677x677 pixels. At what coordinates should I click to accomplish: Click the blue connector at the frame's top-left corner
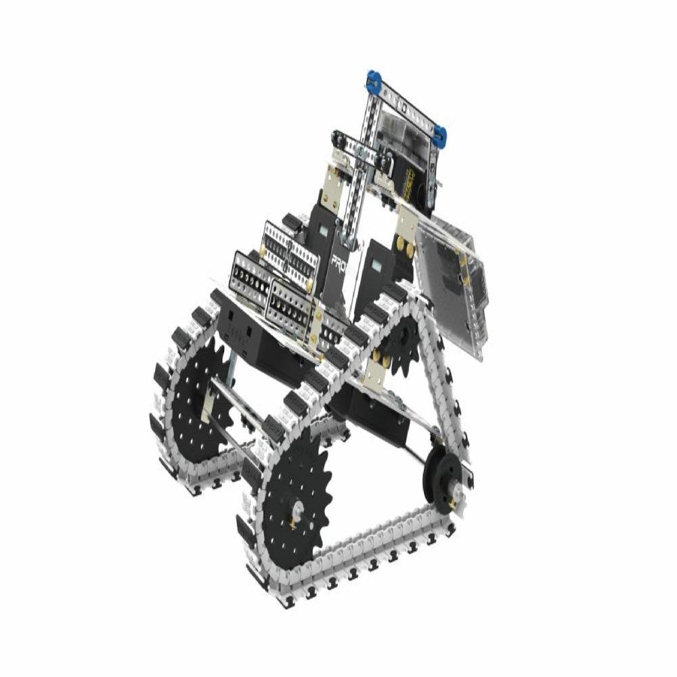point(372,81)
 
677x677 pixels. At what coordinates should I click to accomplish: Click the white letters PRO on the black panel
point(340,261)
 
